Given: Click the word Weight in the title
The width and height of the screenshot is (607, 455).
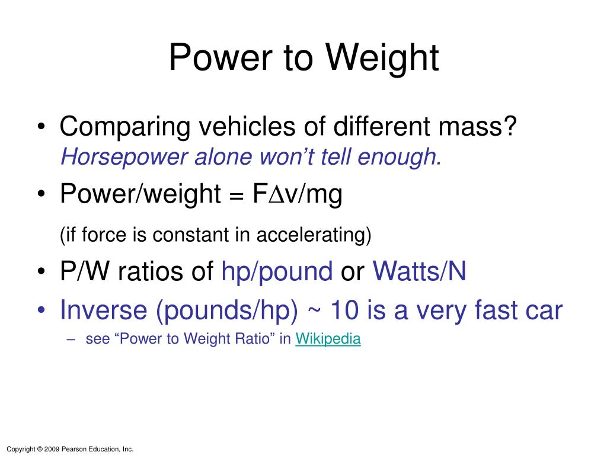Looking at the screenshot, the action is (382, 58).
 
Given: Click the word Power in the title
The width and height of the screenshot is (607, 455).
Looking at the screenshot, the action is (221, 57).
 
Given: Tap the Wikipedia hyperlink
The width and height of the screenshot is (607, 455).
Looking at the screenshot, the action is (328, 338).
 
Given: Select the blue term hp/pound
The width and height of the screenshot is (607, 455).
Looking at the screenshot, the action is (277, 271).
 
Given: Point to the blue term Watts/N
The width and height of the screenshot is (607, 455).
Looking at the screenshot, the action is (419, 271).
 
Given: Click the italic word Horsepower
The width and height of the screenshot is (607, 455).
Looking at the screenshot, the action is (123, 157).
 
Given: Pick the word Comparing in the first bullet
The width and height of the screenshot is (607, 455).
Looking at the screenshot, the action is (124, 127).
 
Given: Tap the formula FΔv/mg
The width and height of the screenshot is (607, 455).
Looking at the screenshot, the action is (298, 194).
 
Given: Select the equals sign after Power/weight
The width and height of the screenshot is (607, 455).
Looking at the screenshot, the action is (236, 195).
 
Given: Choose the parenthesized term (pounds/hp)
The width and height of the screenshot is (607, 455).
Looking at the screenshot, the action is (227, 310).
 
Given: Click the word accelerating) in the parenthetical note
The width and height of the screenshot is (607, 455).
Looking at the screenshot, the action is (314, 235).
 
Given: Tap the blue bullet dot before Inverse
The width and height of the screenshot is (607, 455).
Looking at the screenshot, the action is (41, 309).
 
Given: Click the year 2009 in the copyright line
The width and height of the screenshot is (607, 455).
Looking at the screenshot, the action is (52, 449).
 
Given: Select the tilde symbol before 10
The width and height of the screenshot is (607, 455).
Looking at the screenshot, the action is (314, 310).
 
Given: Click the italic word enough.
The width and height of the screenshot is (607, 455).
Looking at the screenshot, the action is (399, 158).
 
